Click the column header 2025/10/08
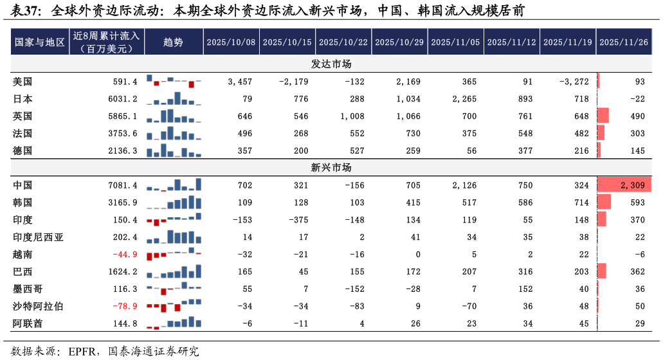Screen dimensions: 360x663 pyautogui.click(x=231, y=42)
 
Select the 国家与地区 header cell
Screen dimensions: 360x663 pyautogui.click(x=40, y=42)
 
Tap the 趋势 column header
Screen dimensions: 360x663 pyautogui.click(x=173, y=42)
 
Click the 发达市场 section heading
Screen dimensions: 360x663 pyautogui.click(x=331, y=64)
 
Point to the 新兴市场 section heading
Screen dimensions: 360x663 pyautogui.click(x=331, y=168)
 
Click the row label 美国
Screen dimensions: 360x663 pyautogui.click(x=23, y=82)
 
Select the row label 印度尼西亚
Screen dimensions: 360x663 pyautogui.click(x=38, y=237)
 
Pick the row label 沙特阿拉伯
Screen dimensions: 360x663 pyautogui.click(x=38, y=307)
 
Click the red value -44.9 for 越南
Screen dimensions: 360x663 pyautogui.click(x=125, y=255)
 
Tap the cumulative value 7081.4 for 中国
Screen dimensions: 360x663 pyautogui.click(x=123, y=185)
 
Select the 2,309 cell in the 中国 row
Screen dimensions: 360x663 pyautogui.click(x=633, y=185)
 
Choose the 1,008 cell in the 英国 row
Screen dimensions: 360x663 pyautogui.click(x=352, y=116)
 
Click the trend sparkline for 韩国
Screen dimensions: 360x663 pyautogui.click(x=174, y=203)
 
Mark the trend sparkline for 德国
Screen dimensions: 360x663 pyautogui.click(x=174, y=151)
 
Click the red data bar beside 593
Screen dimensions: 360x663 pyautogui.click(x=604, y=203)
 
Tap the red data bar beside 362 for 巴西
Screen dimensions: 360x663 pyautogui.click(x=602, y=272)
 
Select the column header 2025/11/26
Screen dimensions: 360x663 pyautogui.click(x=623, y=42)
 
